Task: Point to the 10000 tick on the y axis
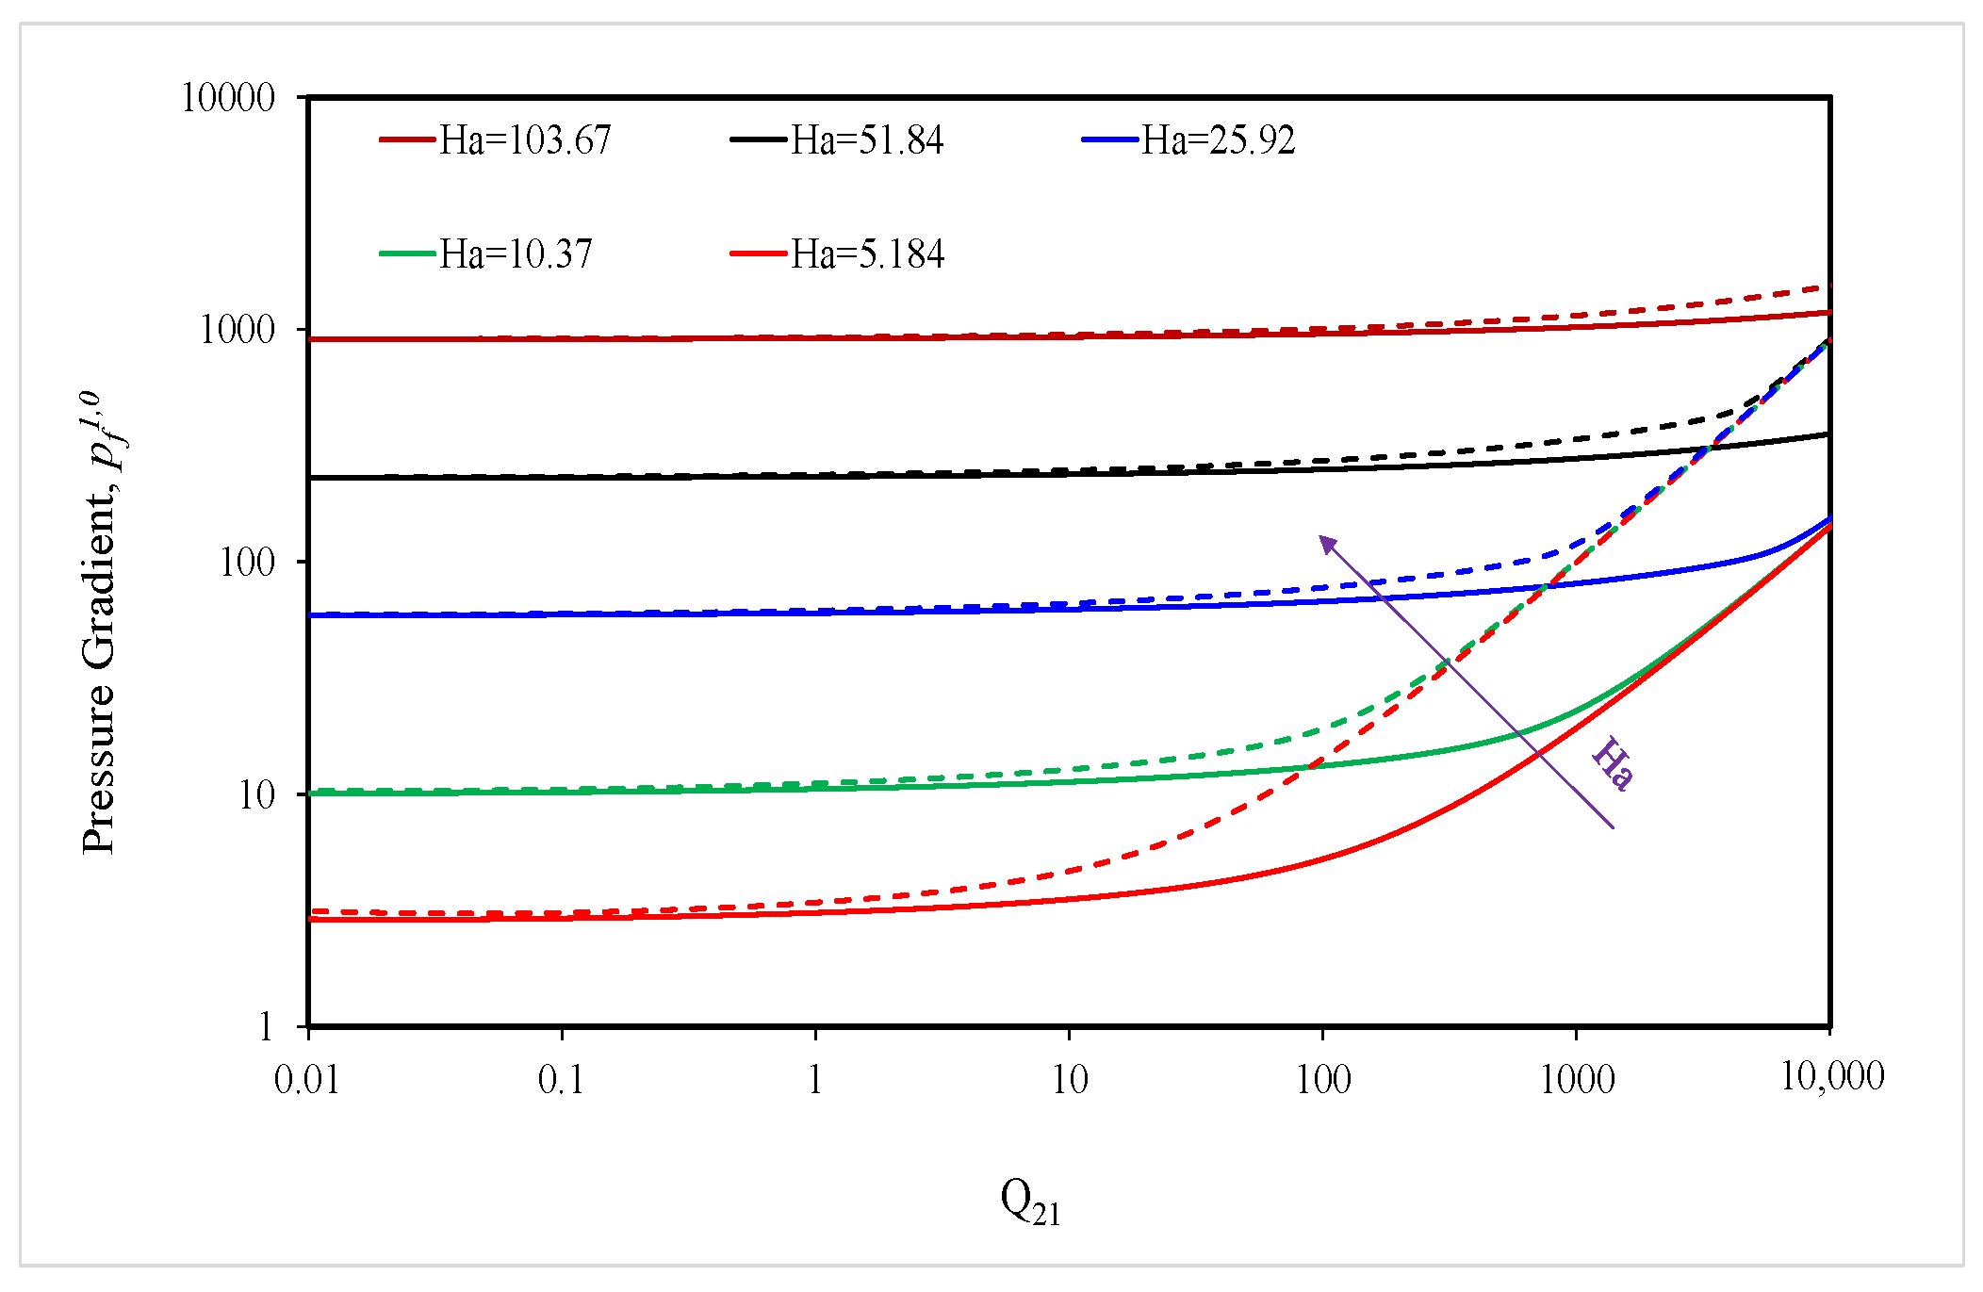click(228, 97)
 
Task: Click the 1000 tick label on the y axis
click(238, 330)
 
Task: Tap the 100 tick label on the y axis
click(247, 563)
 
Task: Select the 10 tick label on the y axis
click(256, 795)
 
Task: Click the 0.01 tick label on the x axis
click(307, 1079)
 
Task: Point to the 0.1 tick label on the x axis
click(562, 1079)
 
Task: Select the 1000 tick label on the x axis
click(1577, 1079)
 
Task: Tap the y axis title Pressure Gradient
click(102, 622)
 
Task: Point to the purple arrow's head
click(1325, 541)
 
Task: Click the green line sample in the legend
click(408, 254)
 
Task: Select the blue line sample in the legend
click(1110, 140)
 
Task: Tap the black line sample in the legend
click(759, 140)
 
